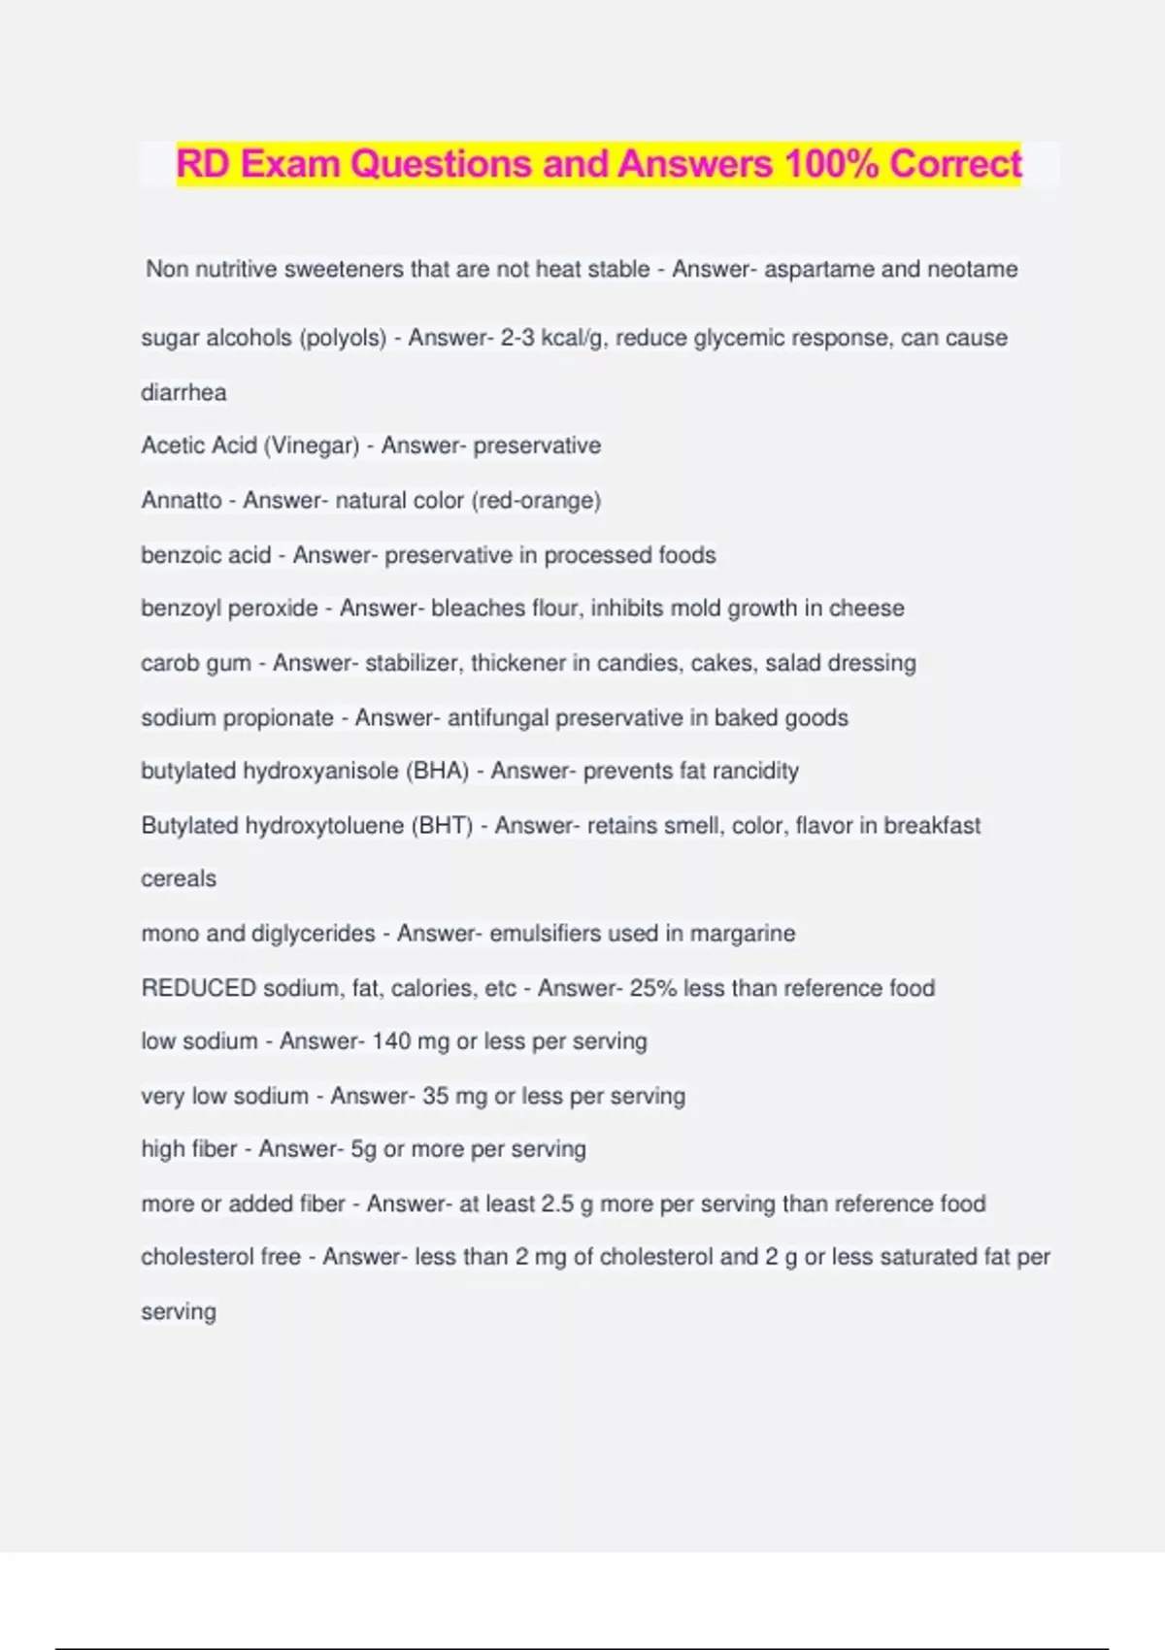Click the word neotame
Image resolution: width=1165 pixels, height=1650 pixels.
972,269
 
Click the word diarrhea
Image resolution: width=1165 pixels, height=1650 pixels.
183,392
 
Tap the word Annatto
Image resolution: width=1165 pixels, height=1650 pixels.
182,500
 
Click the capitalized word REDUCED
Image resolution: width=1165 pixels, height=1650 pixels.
198,988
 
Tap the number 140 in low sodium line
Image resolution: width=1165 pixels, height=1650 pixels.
391,1041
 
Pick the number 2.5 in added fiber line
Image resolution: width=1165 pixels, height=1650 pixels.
557,1204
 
